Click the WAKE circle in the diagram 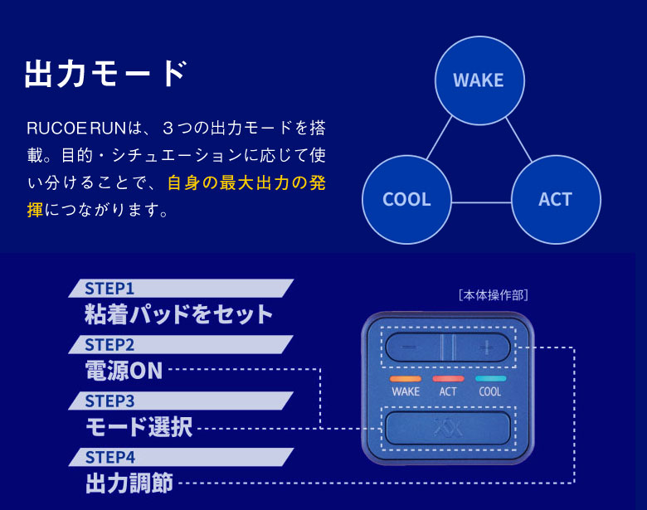(479, 80)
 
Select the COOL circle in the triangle (406, 199)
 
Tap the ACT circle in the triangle (555, 199)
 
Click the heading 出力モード (105, 74)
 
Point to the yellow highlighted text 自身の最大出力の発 (246, 183)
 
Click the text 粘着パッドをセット (178, 314)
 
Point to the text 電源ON (124, 371)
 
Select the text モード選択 (139, 427)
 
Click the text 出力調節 (129, 483)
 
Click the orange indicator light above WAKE (406, 378)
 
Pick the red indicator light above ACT (448, 378)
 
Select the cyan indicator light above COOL (490, 378)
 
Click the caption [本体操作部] (493, 294)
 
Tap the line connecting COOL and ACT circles (481, 202)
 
